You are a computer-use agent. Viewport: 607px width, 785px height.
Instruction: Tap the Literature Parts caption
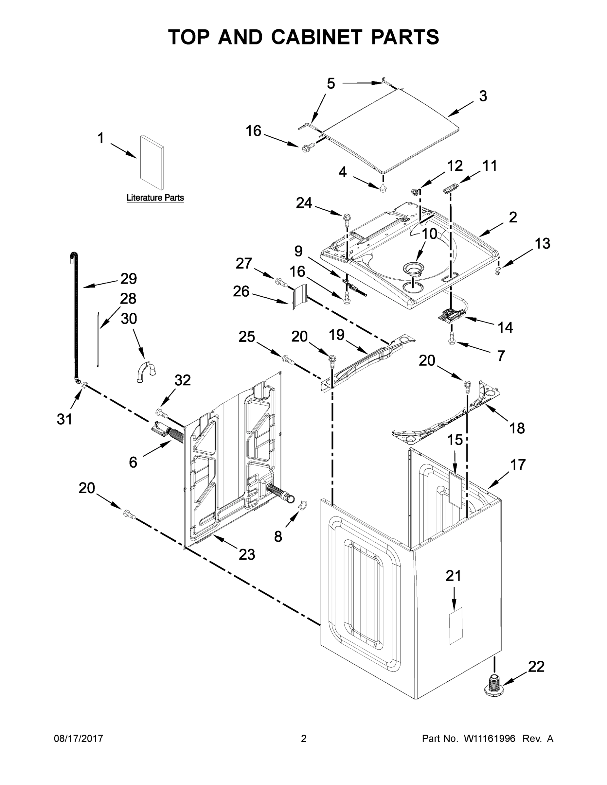click(x=155, y=198)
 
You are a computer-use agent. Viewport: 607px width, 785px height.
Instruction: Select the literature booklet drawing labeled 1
click(x=152, y=162)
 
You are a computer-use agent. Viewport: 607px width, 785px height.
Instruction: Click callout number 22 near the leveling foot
click(x=536, y=667)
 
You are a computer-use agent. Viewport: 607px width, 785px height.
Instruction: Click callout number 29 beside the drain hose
click(x=128, y=279)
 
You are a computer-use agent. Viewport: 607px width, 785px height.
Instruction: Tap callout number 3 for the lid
click(x=483, y=96)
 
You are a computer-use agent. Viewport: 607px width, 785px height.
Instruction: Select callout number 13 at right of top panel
click(x=542, y=243)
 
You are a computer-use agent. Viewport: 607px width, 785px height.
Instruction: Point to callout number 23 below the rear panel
click(x=247, y=554)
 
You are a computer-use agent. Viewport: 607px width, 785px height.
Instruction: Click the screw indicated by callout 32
click(x=162, y=413)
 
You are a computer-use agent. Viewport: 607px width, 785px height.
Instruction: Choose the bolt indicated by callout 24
click(x=347, y=219)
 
